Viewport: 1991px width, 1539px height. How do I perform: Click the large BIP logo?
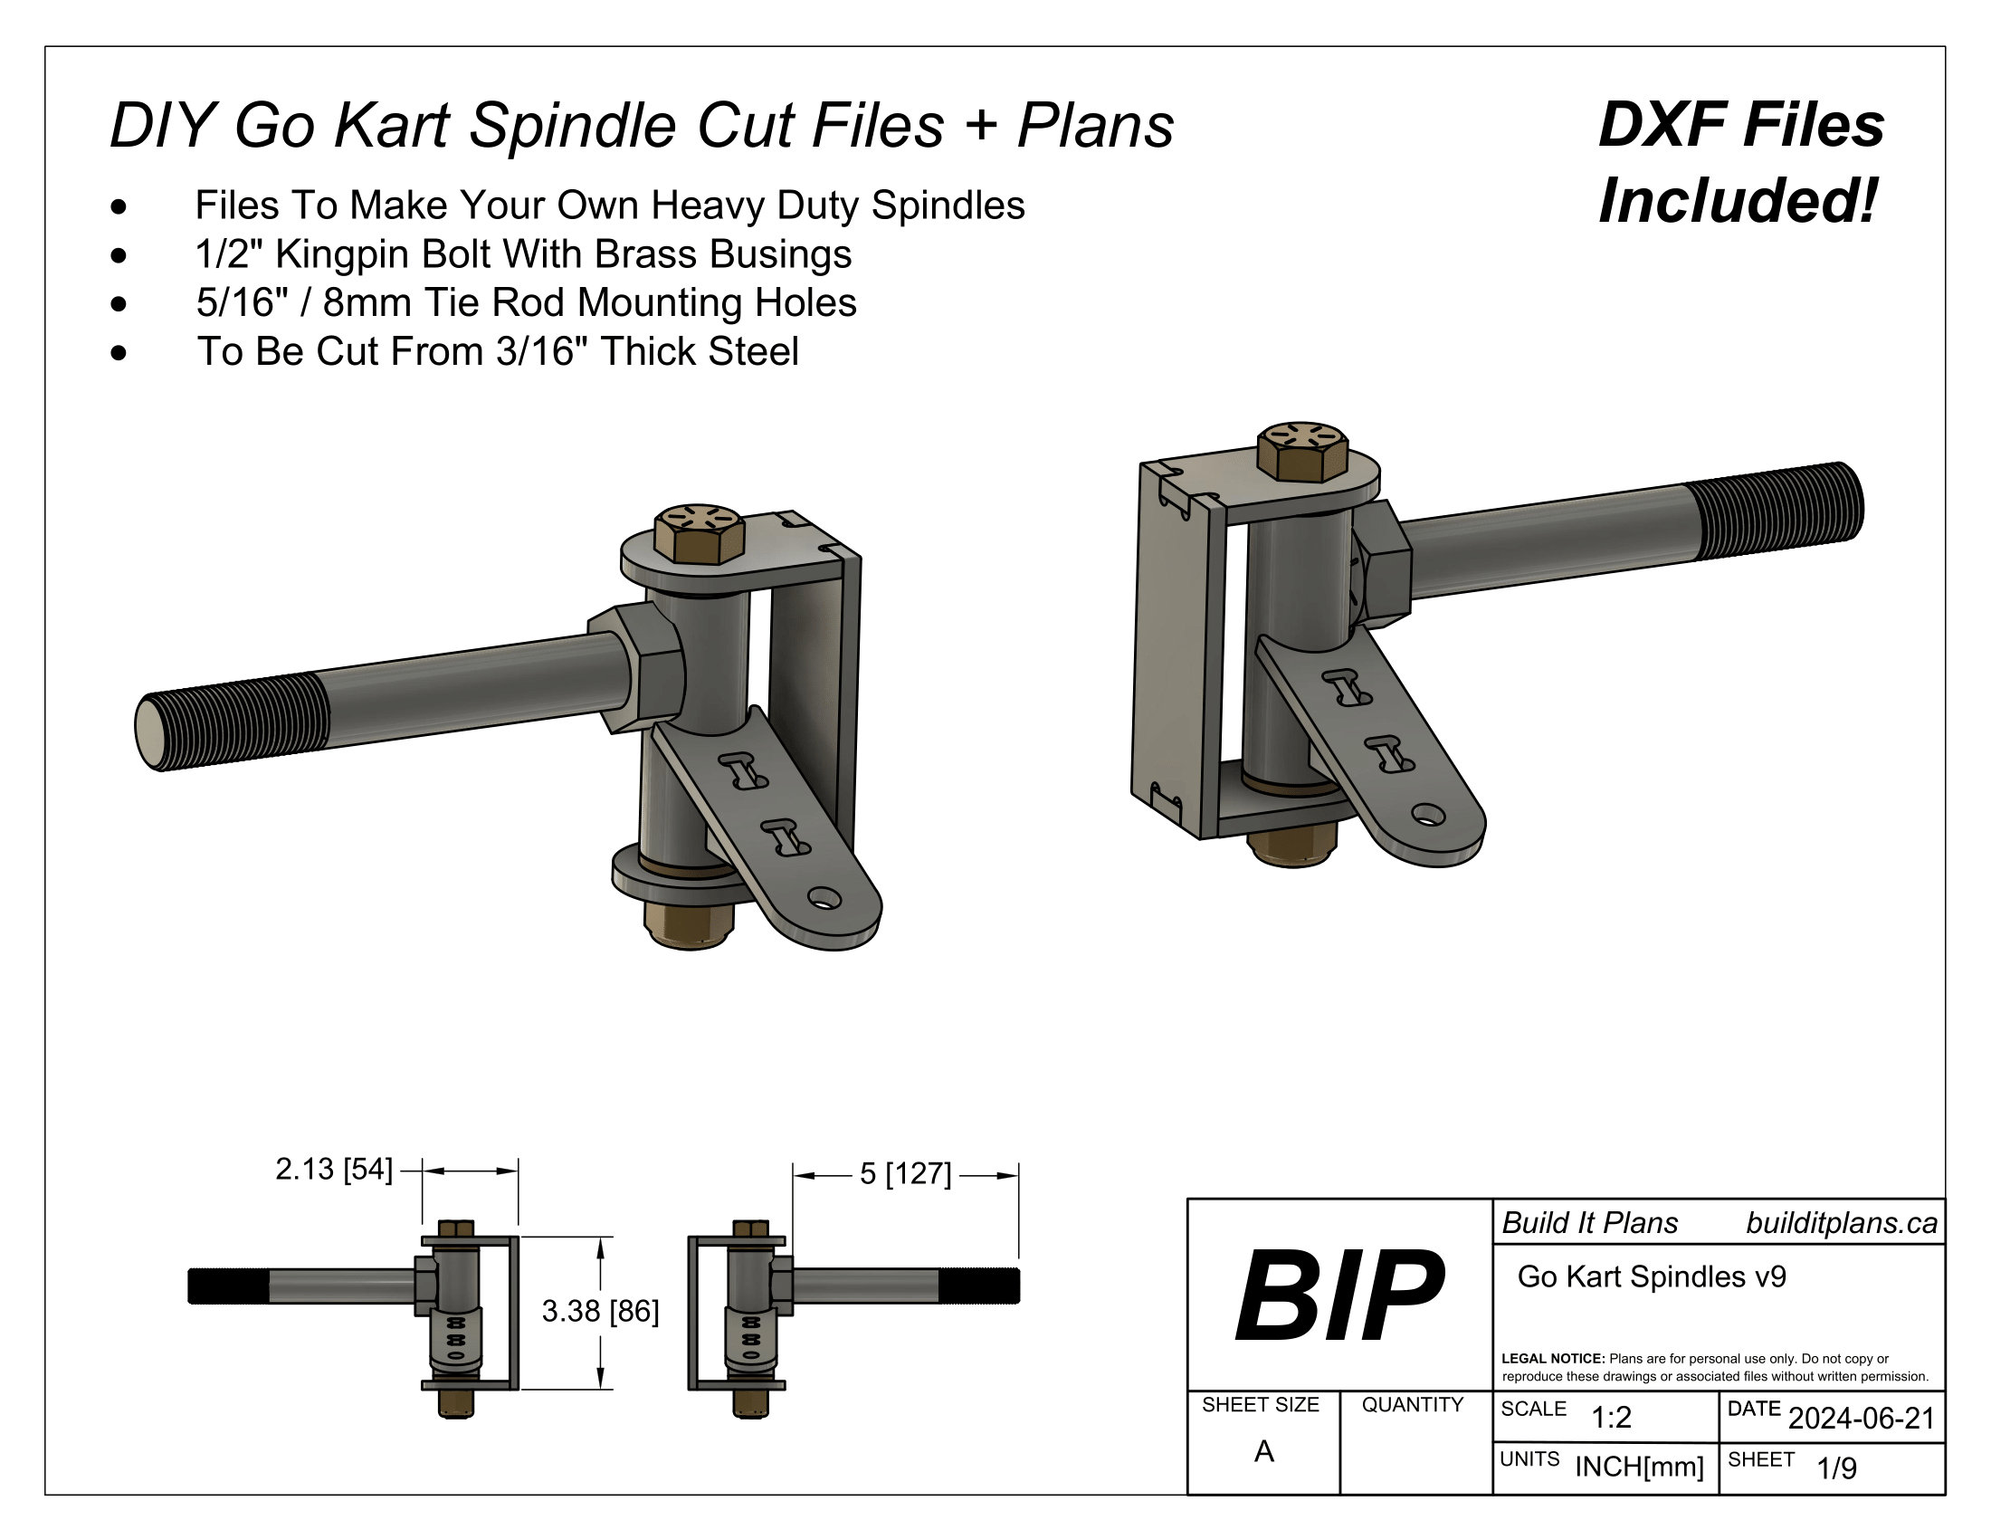[x=1339, y=1296]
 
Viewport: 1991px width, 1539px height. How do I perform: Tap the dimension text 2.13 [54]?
[x=334, y=1170]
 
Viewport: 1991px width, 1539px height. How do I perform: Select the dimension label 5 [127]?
[x=904, y=1174]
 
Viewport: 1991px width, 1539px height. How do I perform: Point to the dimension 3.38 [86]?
[x=600, y=1312]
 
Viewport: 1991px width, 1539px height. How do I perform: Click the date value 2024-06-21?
[x=1861, y=1419]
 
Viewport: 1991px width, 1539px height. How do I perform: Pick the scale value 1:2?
[x=1611, y=1418]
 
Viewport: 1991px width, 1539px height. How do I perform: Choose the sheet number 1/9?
[x=1836, y=1468]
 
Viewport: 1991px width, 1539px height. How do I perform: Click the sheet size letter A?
[x=1263, y=1451]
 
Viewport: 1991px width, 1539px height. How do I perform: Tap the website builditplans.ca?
[x=1841, y=1224]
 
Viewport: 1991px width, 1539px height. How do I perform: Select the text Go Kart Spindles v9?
[x=1651, y=1277]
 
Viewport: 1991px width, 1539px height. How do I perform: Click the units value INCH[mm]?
[x=1639, y=1467]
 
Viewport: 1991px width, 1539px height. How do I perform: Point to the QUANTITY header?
[x=1412, y=1405]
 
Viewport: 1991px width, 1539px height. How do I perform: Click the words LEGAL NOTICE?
[x=1552, y=1359]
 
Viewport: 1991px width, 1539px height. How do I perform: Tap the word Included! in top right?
[x=1739, y=202]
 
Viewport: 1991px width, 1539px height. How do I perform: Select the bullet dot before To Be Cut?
[x=119, y=352]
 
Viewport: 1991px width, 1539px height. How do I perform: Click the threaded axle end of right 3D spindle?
[x=1777, y=512]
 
